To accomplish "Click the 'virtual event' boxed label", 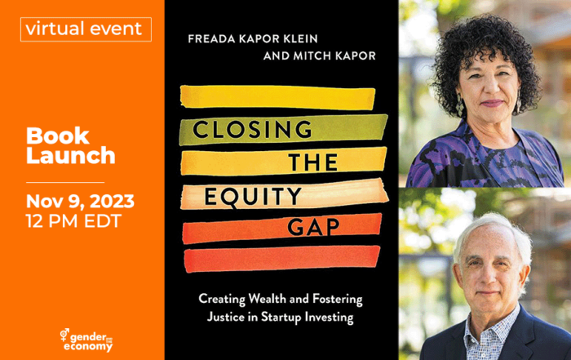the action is pyautogui.click(x=86, y=29).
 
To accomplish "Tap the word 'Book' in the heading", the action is pyautogui.click(x=58, y=136).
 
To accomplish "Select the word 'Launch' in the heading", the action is pyautogui.click(x=71, y=156).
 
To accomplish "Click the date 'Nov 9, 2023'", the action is pyautogui.click(x=80, y=201).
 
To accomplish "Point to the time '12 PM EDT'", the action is pyautogui.click(x=73, y=220).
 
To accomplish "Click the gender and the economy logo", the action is pyautogui.click(x=86, y=340).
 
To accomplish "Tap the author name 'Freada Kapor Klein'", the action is pyautogui.click(x=253, y=38).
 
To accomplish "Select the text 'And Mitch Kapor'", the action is pyautogui.click(x=320, y=56).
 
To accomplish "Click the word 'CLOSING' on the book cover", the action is pyautogui.click(x=252, y=129).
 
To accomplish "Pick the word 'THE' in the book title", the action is pyautogui.click(x=313, y=162).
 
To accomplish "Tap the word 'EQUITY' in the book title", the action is pyautogui.click(x=253, y=197).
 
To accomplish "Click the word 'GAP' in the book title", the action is pyautogui.click(x=313, y=227).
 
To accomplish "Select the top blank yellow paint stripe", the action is pyautogui.click(x=277, y=97).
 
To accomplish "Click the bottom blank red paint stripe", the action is pyautogui.click(x=282, y=259).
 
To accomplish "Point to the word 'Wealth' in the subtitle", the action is pyautogui.click(x=272, y=299).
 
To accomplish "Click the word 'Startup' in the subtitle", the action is pyautogui.click(x=281, y=317).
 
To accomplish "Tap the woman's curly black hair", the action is pyautogui.click(x=485, y=55).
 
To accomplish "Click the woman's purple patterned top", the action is pyautogui.click(x=485, y=160).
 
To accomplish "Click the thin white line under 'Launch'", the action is pyautogui.click(x=65, y=182).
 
